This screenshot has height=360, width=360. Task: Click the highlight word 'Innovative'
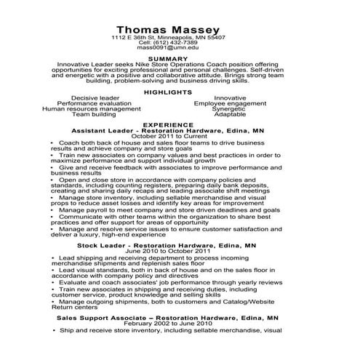point(231,97)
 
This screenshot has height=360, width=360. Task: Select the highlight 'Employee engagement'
point(231,103)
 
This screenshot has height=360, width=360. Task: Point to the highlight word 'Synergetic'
point(231,109)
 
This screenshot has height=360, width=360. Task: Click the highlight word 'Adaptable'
point(231,115)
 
